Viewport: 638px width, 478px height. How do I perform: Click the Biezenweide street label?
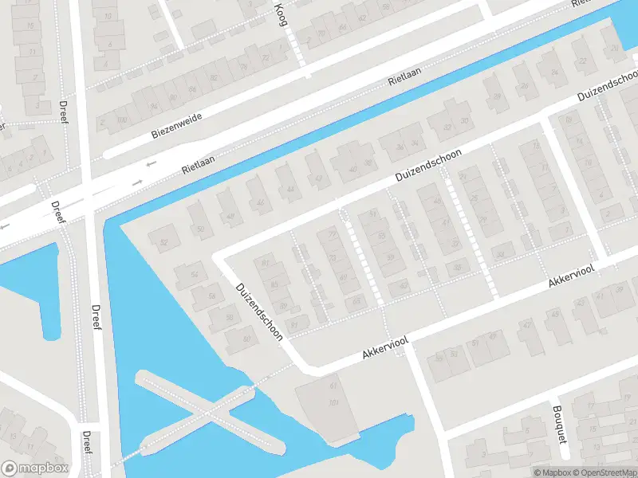pyautogui.click(x=177, y=126)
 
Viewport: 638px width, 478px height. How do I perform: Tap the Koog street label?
pyautogui.click(x=280, y=14)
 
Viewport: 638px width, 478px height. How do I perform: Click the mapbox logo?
pyautogui.click(x=35, y=468)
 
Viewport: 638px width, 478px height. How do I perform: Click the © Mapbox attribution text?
pyautogui.click(x=551, y=472)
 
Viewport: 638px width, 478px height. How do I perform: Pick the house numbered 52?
pyautogui.click(x=165, y=241)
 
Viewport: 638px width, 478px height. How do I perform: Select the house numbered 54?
pyautogui.click(x=194, y=275)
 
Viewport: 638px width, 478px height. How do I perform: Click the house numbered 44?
pyautogui.click(x=289, y=188)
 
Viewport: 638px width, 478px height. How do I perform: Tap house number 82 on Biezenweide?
pyautogui.click(x=214, y=77)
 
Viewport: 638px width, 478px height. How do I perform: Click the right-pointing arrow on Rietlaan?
pyautogui.click(x=136, y=182)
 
